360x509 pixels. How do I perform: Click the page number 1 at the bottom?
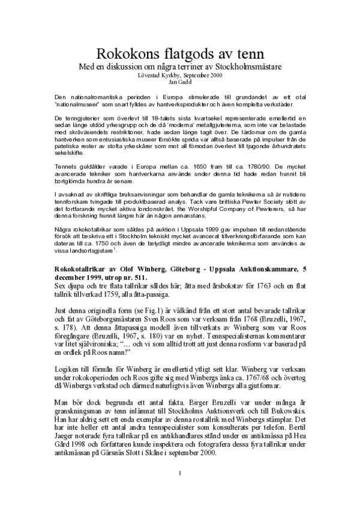coord(180,490)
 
